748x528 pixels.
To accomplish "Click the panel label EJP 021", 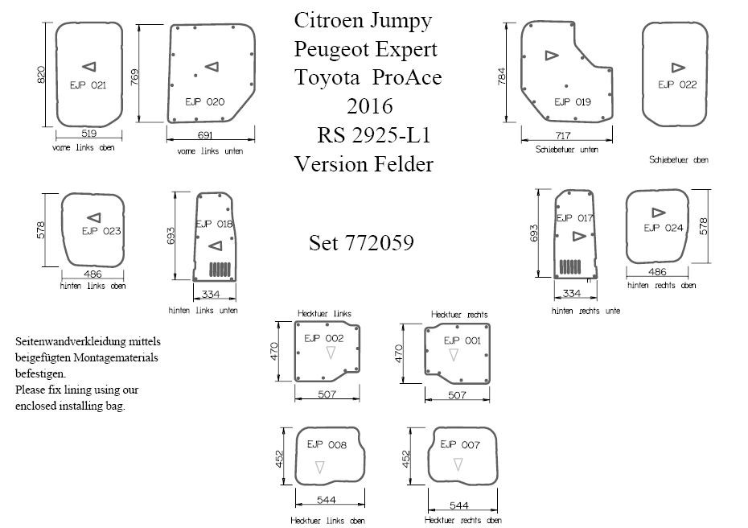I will pos(88,85).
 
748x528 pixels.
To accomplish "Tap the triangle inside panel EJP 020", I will pos(212,67).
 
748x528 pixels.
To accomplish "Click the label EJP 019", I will pos(573,101).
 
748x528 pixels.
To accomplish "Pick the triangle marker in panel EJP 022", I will pos(677,68).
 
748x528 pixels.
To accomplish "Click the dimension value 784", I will pos(502,77).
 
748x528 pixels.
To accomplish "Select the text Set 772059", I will pos(361,243).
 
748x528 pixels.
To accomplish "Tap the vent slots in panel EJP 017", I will pos(570,265).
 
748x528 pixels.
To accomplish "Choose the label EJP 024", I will pos(664,228).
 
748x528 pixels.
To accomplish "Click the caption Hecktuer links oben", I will pos(327,521).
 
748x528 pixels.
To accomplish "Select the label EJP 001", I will pos(462,340).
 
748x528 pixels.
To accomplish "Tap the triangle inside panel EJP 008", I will pos(320,466).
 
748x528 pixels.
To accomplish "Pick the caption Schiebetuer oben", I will pos(679,160).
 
